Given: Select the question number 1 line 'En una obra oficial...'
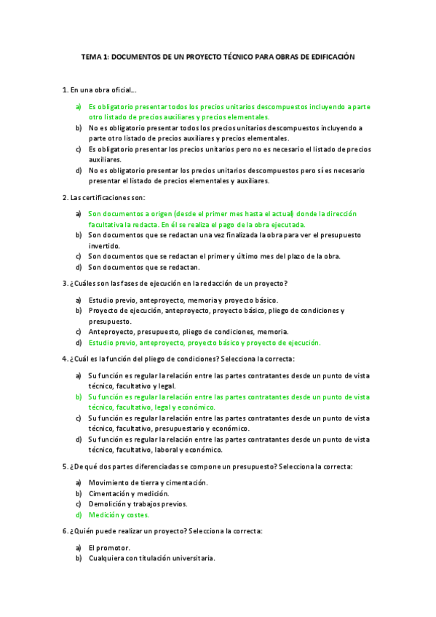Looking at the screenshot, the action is pyautogui.click(x=102, y=89).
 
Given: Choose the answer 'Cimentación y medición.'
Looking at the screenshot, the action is pyautogui.click(x=127, y=493).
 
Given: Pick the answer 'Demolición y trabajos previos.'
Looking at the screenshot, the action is pyautogui.click(x=138, y=503).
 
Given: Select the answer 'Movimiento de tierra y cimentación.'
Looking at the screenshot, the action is pyautogui.click(x=148, y=482).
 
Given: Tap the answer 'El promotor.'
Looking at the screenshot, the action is pyautogui.click(x=109, y=547).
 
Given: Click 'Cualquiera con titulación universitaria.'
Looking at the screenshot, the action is pyautogui.click(x=151, y=558).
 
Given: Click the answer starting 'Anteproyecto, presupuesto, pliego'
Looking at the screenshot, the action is pyautogui.click(x=188, y=332).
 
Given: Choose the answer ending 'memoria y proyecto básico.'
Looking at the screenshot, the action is pyautogui.click(x=183, y=300).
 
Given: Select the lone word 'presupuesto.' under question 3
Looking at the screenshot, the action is pyautogui.click(x=110, y=321).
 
